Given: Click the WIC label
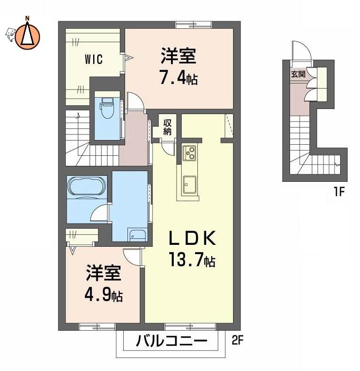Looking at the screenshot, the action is click(x=94, y=59).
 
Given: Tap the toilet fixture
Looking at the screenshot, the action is click(x=107, y=108).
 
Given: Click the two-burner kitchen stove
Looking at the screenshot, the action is click(x=189, y=153).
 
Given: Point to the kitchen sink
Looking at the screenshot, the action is click(x=189, y=185).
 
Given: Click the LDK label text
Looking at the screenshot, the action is click(x=192, y=238).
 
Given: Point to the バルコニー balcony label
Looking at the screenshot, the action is click(x=171, y=341).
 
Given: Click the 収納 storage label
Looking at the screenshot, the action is click(x=167, y=127).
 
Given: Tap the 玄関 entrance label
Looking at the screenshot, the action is click(x=298, y=74).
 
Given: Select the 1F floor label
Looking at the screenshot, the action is click(x=339, y=192).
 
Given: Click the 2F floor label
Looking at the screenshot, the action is click(x=237, y=341).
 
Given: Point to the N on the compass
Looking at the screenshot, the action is click(x=27, y=18).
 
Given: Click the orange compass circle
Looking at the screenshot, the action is click(x=27, y=37).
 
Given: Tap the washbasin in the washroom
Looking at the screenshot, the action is click(x=137, y=235).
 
